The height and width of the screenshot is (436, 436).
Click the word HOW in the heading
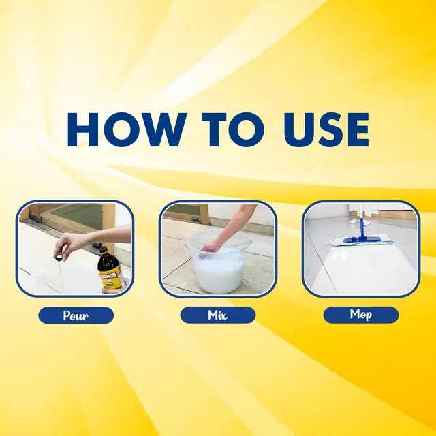(127, 129)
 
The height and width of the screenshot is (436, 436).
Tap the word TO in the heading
(233, 129)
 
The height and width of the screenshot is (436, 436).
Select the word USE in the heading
(326, 129)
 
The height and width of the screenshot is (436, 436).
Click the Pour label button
(76, 315)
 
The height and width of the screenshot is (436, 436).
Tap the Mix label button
(218, 315)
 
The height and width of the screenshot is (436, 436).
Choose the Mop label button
(361, 315)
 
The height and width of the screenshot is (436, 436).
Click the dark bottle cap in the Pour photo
(104, 251)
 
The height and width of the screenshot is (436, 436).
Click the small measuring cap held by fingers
(59, 258)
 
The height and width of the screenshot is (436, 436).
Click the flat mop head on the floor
(362, 240)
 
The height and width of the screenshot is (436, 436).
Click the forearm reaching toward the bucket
(236, 223)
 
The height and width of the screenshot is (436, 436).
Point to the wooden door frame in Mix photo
(204, 214)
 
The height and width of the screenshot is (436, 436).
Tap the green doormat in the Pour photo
(78, 215)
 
